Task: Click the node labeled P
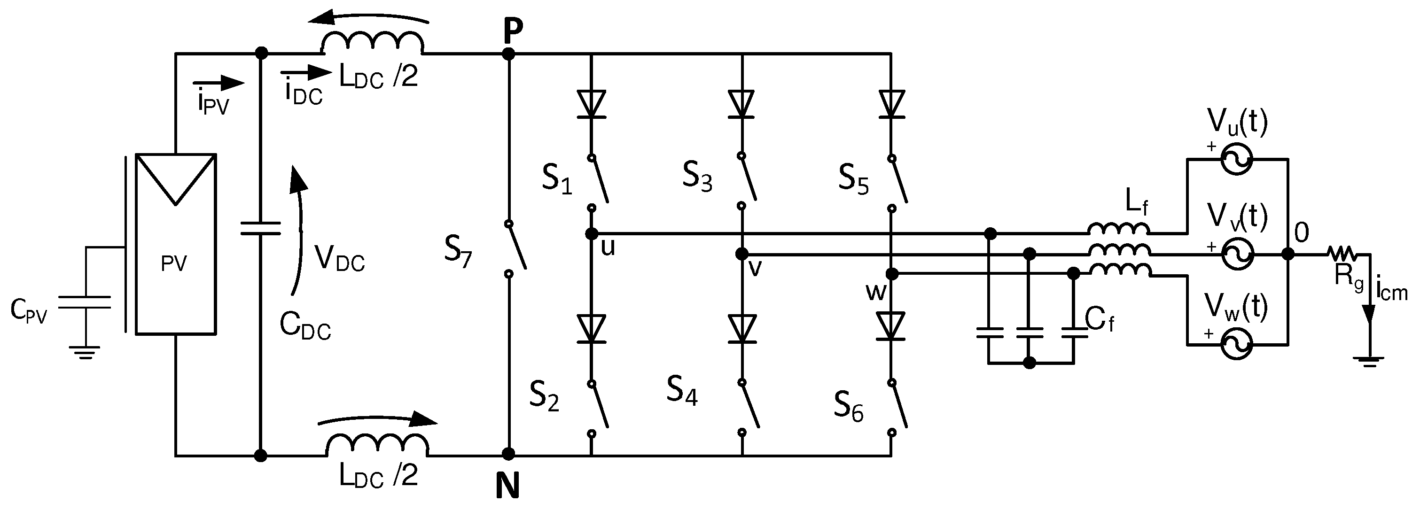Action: coord(509,54)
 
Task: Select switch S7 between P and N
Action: coord(516,248)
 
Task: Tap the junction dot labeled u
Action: coord(592,234)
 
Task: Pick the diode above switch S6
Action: coord(891,326)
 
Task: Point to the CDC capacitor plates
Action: coord(260,229)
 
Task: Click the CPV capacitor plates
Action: coord(85,302)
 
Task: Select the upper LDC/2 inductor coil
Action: coord(372,44)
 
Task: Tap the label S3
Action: coord(697,178)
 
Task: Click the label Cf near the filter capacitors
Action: coord(1099,320)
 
